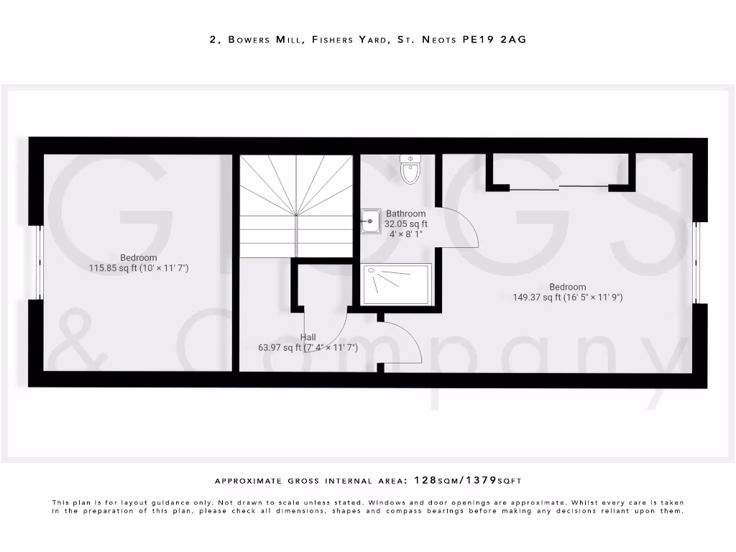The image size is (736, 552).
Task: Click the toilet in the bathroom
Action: pyautogui.click(x=410, y=170)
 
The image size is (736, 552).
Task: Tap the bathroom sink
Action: pyautogui.click(x=371, y=221)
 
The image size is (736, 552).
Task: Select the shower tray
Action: pyautogui.click(x=397, y=284)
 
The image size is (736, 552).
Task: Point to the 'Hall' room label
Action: pyautogui.click(x=308, y=337)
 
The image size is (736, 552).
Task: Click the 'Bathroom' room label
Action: pyautogui.click(x=405, y=213)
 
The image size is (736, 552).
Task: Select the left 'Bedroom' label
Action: pyautogui.click(x=139, y=258)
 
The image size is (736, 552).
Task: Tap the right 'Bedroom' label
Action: pyautogui.click(x=567, y=287)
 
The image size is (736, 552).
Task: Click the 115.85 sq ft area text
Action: pyautogui.click(x=107, y=268)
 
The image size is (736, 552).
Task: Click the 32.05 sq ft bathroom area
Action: pyautogui.click(x=405, y=224)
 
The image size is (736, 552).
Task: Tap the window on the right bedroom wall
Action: pyautogui.click(x=696, y=262)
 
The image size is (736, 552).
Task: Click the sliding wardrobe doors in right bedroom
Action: pyautogui.click(x=559, y=188)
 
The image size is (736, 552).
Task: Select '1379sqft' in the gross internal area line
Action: pyautogui.click(x=503, y=479)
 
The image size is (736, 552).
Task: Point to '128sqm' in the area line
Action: pyautogui.click(x=438, y=479)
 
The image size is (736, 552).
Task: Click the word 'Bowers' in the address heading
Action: pyautogui.click(x=250, y=40)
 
